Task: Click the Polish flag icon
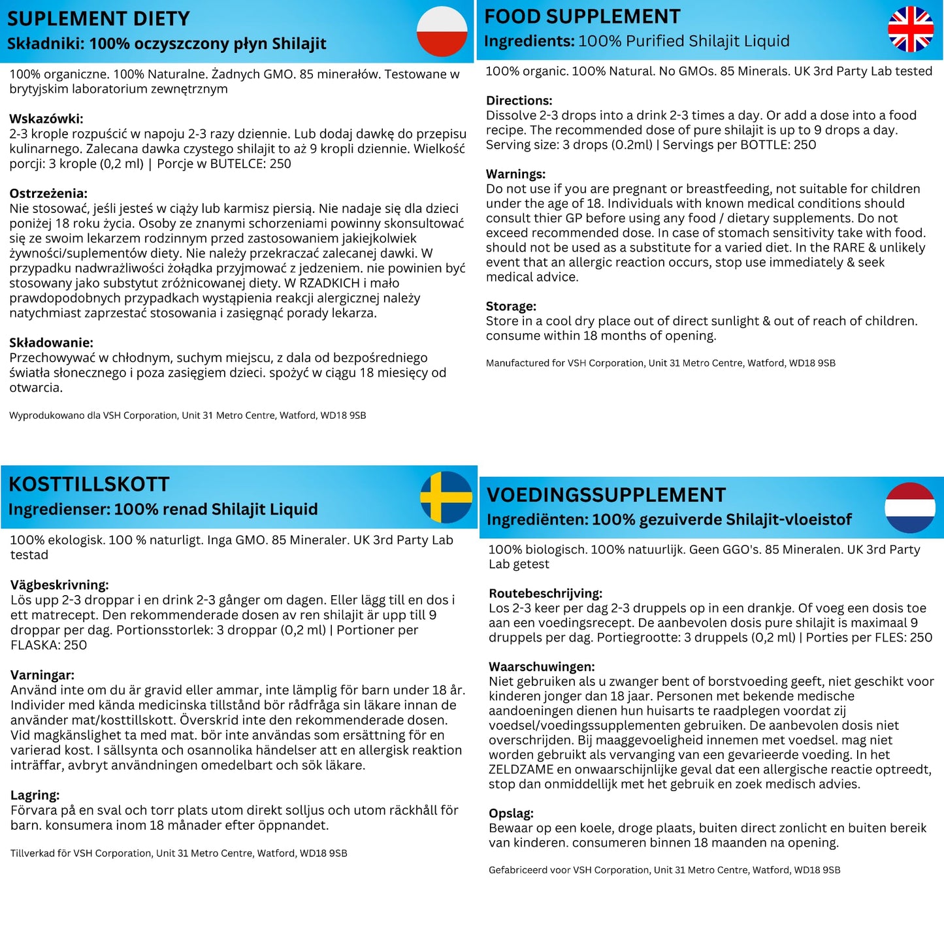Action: pos(442,31)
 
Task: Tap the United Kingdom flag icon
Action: pos(910,29)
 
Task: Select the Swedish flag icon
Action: pos(446,497)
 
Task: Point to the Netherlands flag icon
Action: pos(909,508)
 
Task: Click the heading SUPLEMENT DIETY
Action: pos(99,19)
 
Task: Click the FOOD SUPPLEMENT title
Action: pos(582,16)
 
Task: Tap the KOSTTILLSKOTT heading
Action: pos(89,484)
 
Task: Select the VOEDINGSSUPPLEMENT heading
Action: pos(606,495)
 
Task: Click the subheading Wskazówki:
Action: pos(46,119)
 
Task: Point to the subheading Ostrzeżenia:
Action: pos(48,193)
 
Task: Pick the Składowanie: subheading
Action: pos(51,342)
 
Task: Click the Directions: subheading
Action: pos(519,101)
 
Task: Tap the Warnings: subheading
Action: pos(515,174)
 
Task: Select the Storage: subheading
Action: pos(511,306)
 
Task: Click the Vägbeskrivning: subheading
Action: pos(59,585)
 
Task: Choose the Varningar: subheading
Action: pos(42,675)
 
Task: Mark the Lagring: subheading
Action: pos(35,795)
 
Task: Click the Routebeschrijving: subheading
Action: pos(545,593)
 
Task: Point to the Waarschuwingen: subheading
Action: pos(542,666)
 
